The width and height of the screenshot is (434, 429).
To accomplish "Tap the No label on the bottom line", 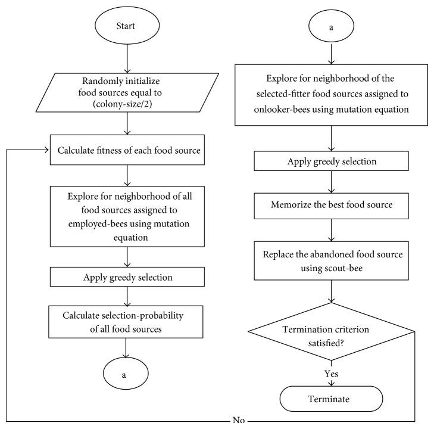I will coord(238,421).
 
